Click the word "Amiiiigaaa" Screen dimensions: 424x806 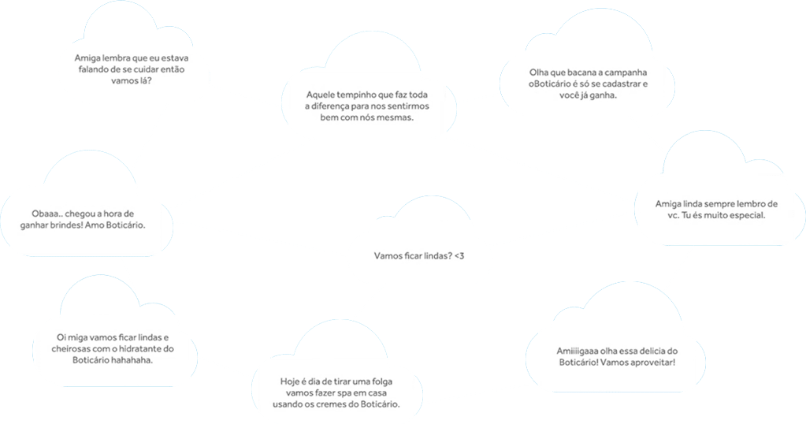579,351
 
